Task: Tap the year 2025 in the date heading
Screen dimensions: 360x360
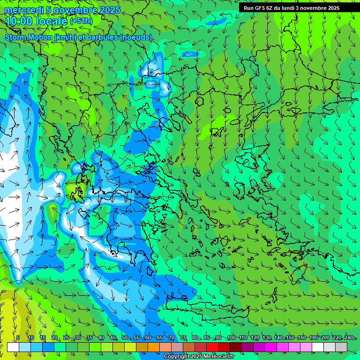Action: click(x=109, y=10)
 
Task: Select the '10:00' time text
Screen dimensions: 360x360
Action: click(x=19, y=21)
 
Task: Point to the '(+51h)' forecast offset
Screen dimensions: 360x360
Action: click(x=81, y=21)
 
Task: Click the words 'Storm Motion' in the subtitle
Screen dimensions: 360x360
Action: click(x=29, y=37)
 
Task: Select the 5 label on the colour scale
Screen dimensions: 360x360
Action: click(x=18, y=338)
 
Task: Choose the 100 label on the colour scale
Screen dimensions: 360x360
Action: click(x=231, y=338)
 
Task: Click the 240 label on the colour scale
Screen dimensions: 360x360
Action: click(x=348, y=338)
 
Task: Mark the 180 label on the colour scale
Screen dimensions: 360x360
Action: click(x=313, y=338)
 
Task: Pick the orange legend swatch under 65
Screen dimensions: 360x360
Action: click(x=154, y=347)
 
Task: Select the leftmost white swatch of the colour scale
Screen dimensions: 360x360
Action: click(x=13, y=347)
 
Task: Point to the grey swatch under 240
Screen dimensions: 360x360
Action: click(x=341, y=347)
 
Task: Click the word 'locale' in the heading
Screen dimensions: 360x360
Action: click(x=51, y=21)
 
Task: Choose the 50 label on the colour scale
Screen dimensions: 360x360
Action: click(x=125, y=338)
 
